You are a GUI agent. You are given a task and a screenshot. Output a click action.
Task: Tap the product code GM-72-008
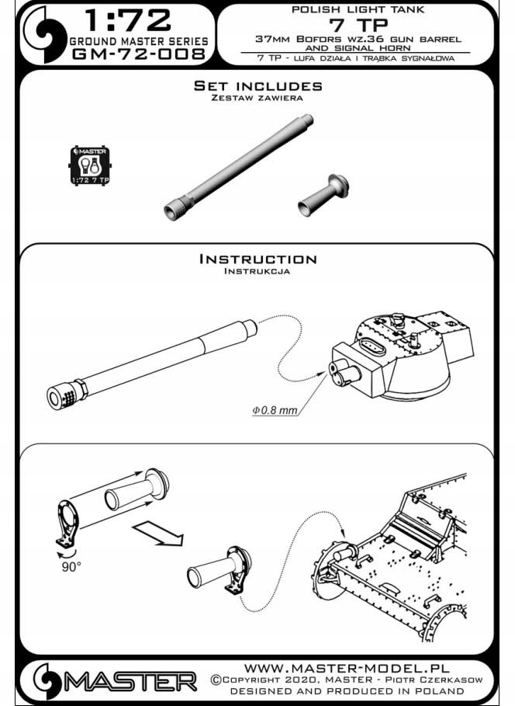point(139,54)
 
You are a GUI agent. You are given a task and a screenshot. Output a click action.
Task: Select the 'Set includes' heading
point(257,86)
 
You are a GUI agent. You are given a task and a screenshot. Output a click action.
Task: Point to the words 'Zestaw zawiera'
point(257,99)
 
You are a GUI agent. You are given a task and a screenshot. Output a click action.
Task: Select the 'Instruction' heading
point(257,259)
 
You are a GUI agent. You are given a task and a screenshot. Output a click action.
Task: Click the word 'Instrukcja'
point(257,272)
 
